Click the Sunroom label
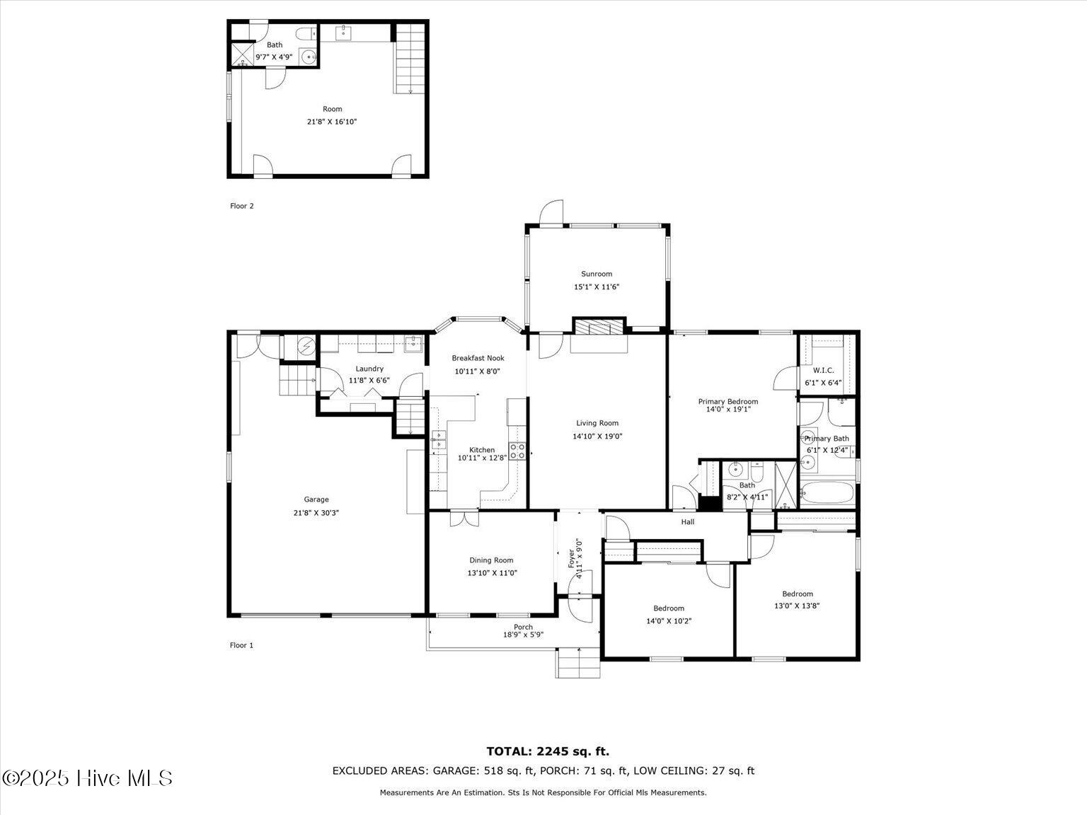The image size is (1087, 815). [597, 274]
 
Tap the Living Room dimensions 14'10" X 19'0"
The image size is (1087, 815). [597, 437]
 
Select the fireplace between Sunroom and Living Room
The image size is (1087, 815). [599, 326]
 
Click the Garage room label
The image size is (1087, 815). [316, 499]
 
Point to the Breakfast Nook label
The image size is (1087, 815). [479, 358]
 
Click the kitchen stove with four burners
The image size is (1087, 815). [517, 451]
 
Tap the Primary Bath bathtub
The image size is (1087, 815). [827, 492]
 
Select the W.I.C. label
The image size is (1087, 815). [823, 370]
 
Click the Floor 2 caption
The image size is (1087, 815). [241, 206]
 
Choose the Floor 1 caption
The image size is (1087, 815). [241, 645]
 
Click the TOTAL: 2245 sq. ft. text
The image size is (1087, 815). [547, 751]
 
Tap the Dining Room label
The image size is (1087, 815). [491, 560]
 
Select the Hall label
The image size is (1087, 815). [687, 522]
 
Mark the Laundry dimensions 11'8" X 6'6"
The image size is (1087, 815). [369, 380]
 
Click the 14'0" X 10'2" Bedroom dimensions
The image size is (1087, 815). [668, 621]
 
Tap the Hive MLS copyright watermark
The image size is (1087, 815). [87, 778]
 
